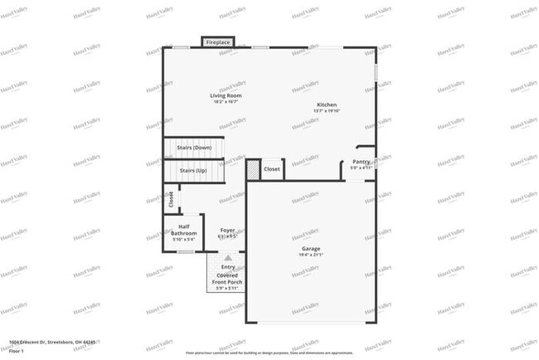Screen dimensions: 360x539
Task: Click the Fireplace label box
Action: (x=218, y=41)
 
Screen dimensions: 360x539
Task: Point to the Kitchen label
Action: (x=327, y=105)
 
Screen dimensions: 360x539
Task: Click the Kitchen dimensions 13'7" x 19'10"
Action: (x=327, y=110)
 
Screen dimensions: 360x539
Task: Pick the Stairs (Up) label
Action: (x=193, y=170)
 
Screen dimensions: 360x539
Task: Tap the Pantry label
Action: (x=361, y=162)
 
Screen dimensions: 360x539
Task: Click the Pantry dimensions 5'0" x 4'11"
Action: (x=361, y=168)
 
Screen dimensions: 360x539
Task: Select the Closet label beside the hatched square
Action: (x=272, y=169)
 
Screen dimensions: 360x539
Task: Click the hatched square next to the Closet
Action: (x=253, y=168)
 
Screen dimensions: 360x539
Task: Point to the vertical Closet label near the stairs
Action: (x=172, y=199)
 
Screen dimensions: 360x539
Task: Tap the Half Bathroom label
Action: (x=184, y=231)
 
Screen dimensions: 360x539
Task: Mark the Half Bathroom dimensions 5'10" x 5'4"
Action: (x=184, y=240)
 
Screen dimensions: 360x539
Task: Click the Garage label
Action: (x=310, y=249)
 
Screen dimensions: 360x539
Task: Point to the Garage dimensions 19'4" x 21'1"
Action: (x=310, y=255)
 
